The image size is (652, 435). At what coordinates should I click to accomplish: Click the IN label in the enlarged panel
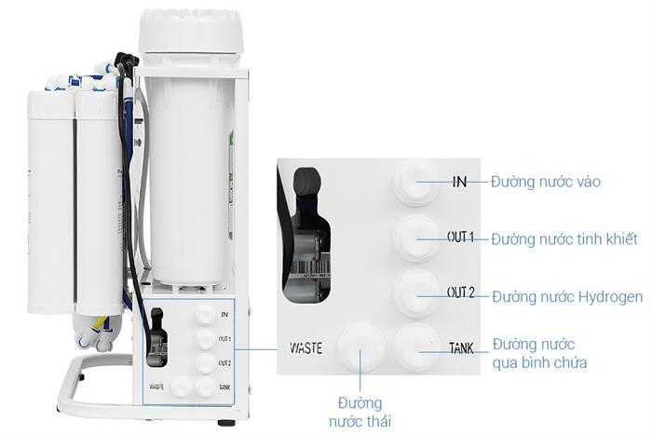(459, 182)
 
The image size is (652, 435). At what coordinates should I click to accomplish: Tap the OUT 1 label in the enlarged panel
(460, 238)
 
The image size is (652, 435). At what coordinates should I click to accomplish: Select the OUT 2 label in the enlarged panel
(461, 292)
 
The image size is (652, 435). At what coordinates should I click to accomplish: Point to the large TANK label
(461, 348)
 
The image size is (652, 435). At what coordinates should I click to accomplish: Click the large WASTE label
(306, 347)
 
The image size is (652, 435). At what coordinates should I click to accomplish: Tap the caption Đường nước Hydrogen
(566, 297)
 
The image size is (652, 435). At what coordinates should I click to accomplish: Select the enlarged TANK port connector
(414, 348)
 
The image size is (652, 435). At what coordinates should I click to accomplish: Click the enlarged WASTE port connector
(360, 348)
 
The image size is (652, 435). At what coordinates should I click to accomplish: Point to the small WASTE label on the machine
(156, 386)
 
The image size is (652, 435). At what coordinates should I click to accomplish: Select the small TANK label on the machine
(224, 386)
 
